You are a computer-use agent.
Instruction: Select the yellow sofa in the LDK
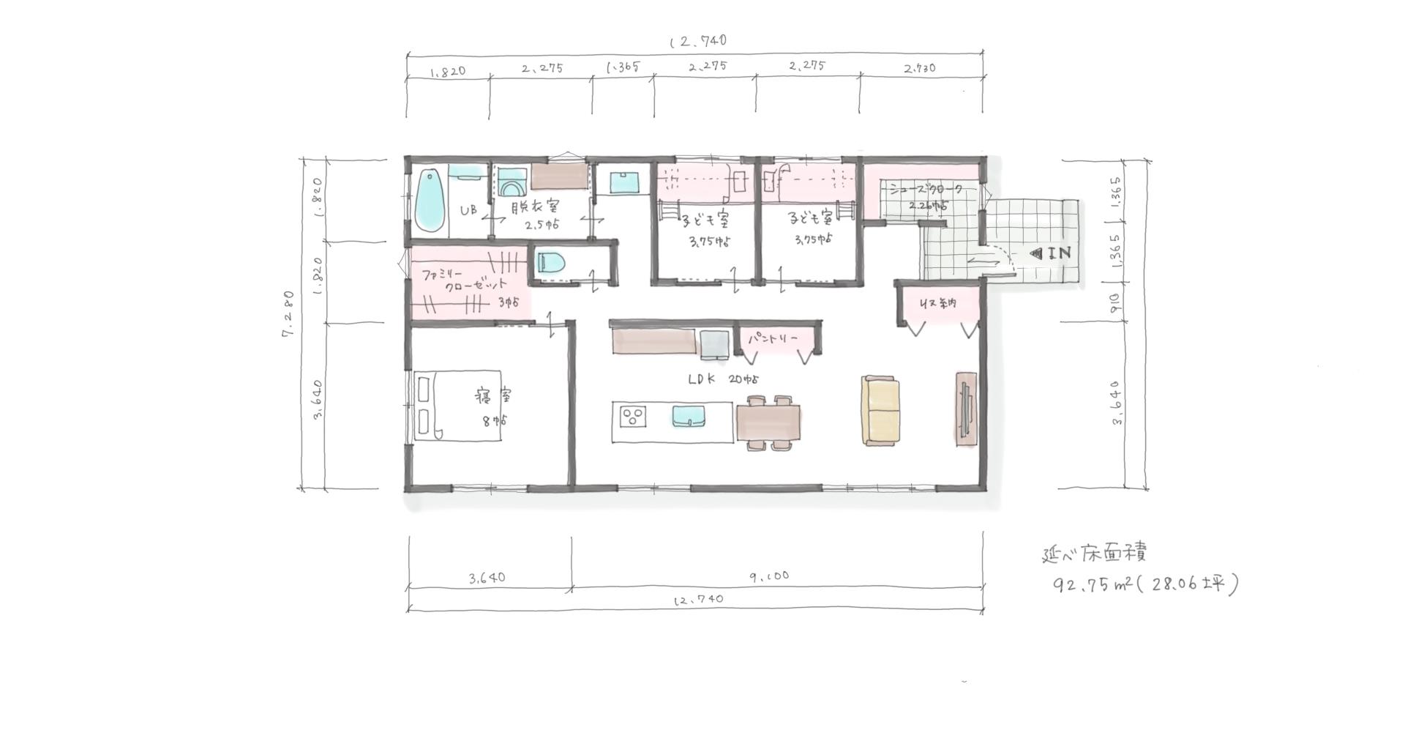coord(880,411)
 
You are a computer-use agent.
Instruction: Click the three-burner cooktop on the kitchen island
coord(633,417)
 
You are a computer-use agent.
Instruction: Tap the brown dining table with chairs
coord(768,422)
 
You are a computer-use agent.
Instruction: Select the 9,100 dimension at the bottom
coord(769,576)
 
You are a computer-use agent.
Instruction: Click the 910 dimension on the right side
coord(1113,302)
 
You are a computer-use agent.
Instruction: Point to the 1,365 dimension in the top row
coord(623,67)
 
